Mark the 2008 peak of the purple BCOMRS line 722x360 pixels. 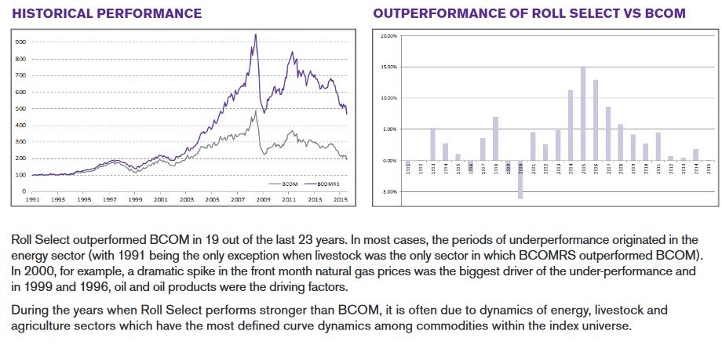256,35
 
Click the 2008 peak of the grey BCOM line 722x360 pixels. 256,111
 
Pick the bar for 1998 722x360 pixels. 495,139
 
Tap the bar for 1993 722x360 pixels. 432,144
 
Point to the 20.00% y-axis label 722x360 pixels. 388,36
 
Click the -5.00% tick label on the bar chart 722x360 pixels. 388,191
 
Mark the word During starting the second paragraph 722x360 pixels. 31,310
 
